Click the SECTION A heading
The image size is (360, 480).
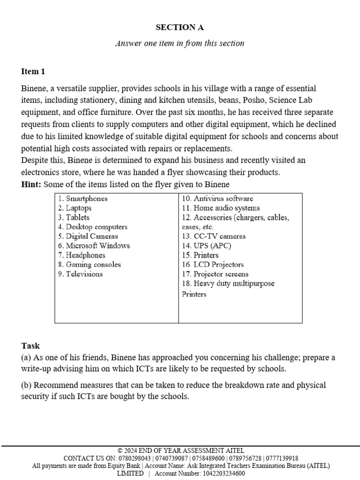click(180, 27)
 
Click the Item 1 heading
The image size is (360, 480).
click(33, 71)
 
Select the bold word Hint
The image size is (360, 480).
click(31, 184)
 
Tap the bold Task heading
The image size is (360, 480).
click(30, 346)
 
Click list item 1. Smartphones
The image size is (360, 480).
click(83, 199)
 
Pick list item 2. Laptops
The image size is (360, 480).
click(75, 208)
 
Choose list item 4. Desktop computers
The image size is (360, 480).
click(93, 227)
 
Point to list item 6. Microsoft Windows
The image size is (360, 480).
click(94, 246)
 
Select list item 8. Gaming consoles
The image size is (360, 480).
click(90, 264)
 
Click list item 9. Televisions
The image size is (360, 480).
click(80, 274)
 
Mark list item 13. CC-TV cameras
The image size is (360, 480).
click(214, 236)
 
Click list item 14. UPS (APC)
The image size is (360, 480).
click(206, 246)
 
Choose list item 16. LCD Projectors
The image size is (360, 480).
click(213, 264)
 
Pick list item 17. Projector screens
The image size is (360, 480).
click(215, 274)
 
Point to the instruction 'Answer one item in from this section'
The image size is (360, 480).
click(180, 43)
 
